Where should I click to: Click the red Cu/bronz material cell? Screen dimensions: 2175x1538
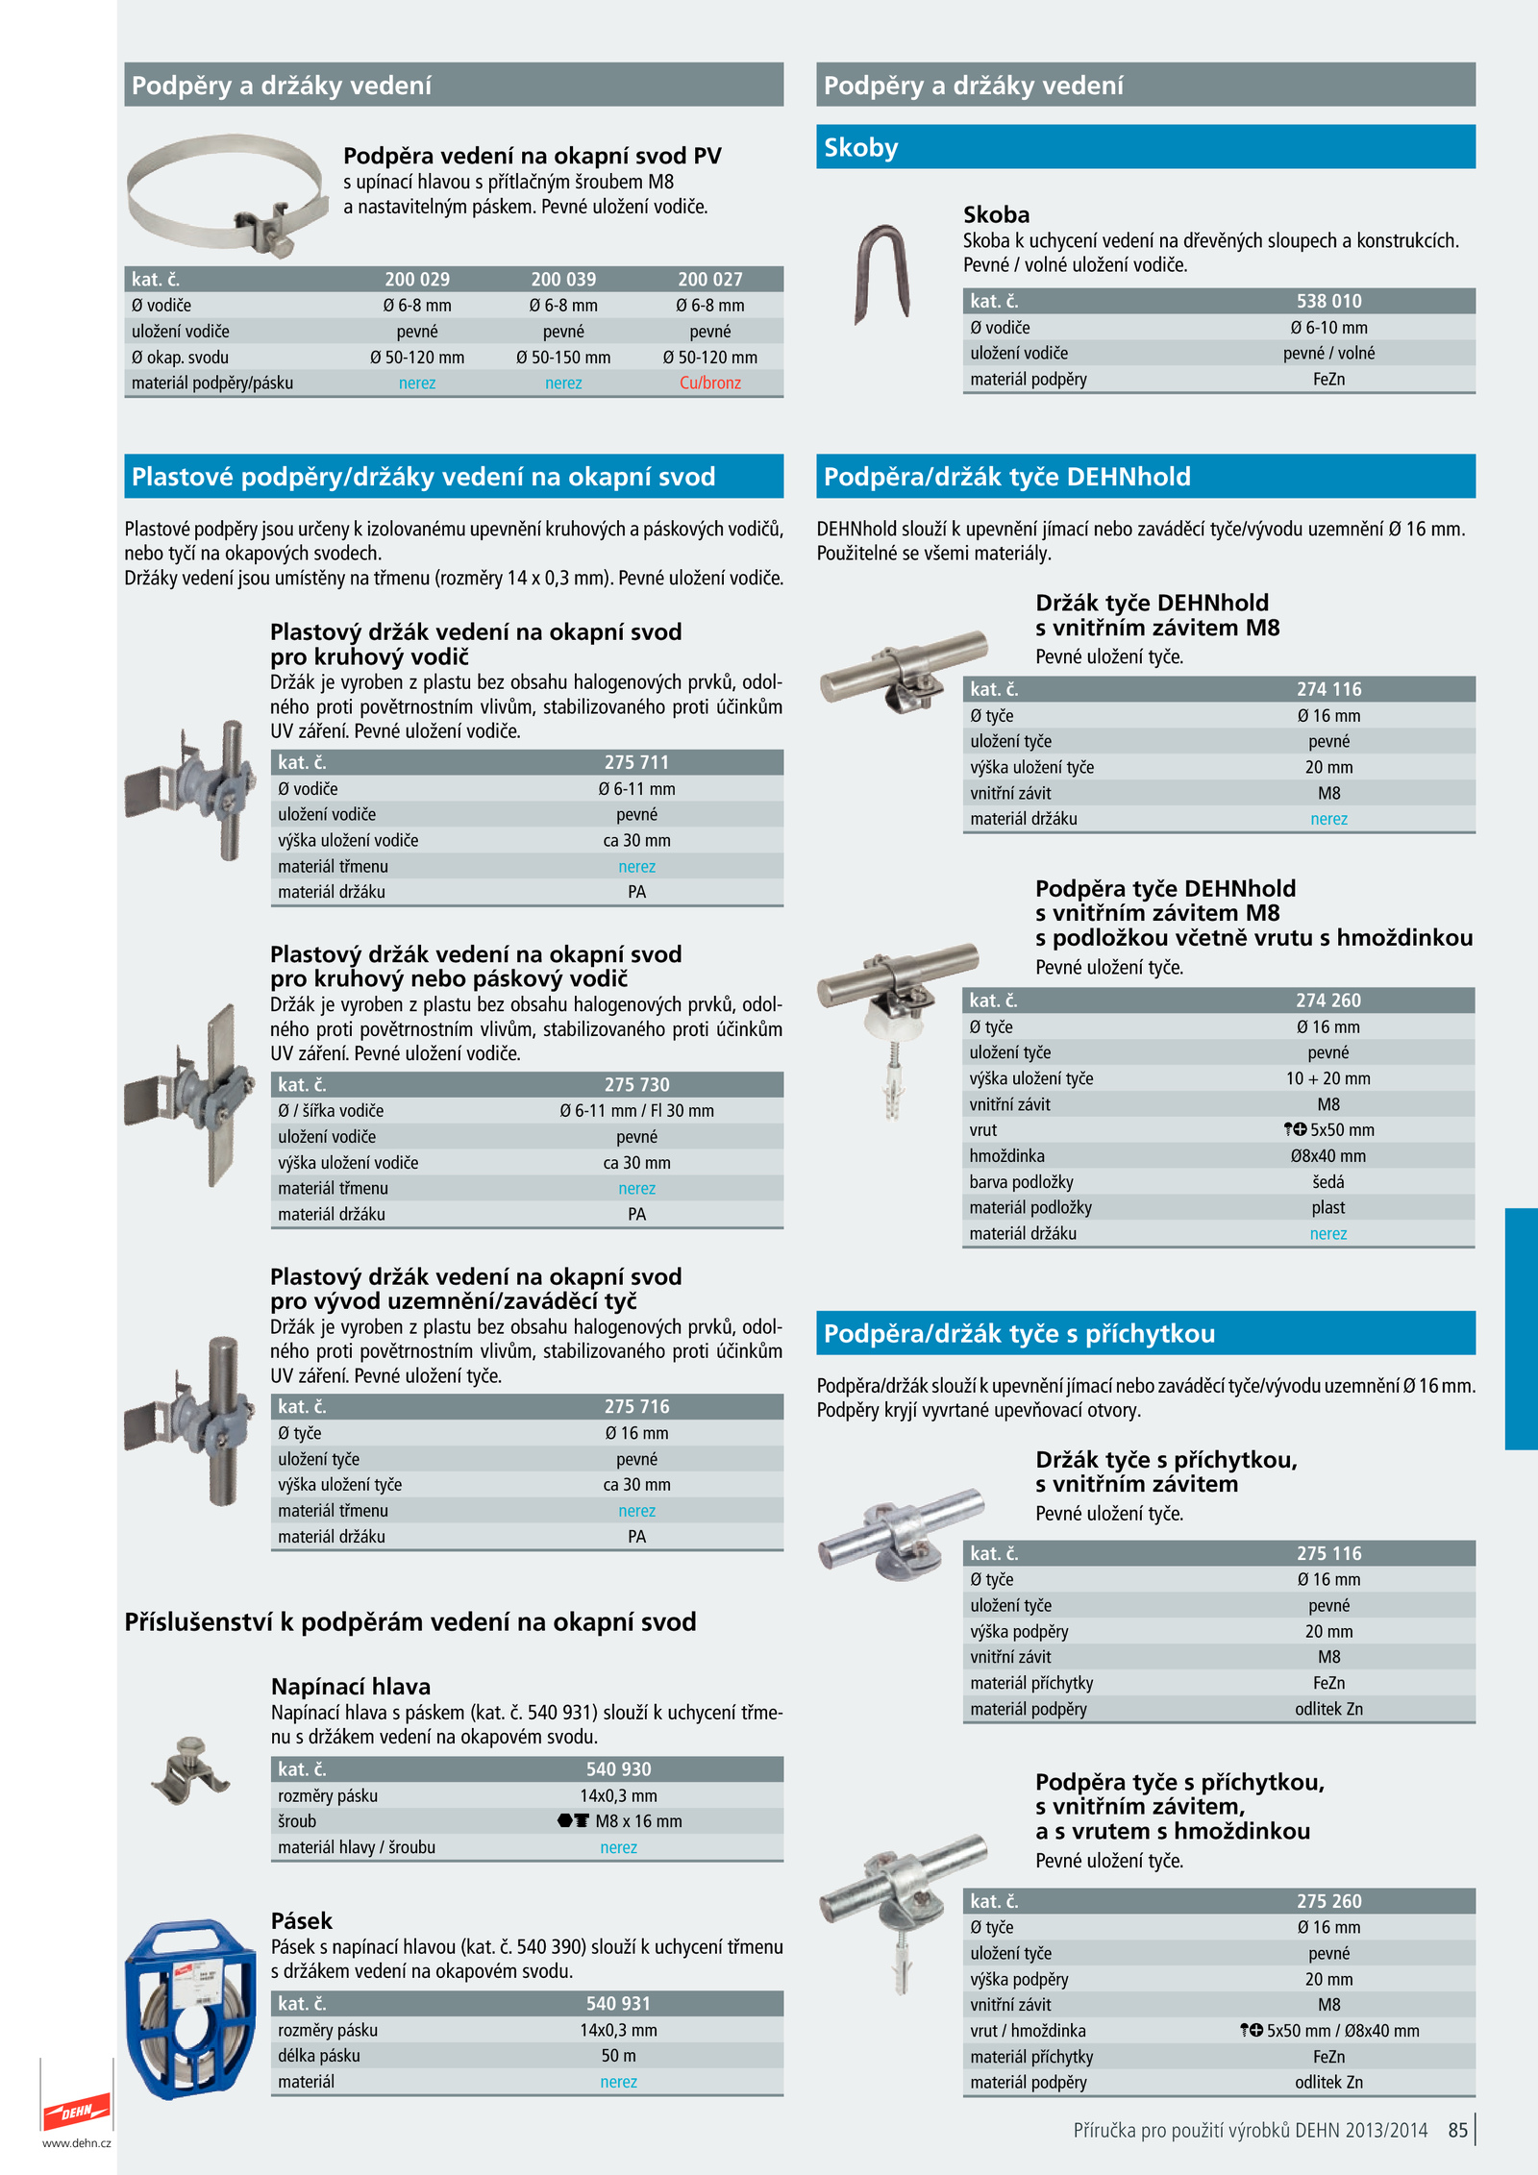(x=709, y=383)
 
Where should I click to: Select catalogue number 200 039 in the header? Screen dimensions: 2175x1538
(x=563, y=280)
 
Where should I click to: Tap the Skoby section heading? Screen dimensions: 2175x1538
(x=861, y=147)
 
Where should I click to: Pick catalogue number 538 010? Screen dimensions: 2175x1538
(x=1328, y=301)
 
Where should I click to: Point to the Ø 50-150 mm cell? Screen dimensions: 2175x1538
(x=563, y=358)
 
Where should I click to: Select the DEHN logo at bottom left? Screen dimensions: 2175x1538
(x=77, y=2111)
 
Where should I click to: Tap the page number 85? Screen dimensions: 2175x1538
(x=1457, y=2130)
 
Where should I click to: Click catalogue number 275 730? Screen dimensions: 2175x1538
(x=636, y=1084)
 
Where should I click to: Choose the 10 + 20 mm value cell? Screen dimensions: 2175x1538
(x=1328, y=1078)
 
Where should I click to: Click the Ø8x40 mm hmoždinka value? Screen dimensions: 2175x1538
(x=1328, y=1156)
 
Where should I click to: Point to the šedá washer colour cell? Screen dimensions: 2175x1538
(x=1328, y=1182)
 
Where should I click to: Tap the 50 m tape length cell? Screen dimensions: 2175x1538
(x=618, y=2056)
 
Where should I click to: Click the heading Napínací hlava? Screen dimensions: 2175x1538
(x=351, y=1687)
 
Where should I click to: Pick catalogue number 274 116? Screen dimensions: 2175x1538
(x=1328, y=689)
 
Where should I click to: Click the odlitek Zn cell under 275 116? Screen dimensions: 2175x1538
(x=1328, y=1709)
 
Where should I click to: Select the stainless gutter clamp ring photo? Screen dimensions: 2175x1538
(x=228, y=194)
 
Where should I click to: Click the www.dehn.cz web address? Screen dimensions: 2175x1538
(x=77, y=2142)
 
